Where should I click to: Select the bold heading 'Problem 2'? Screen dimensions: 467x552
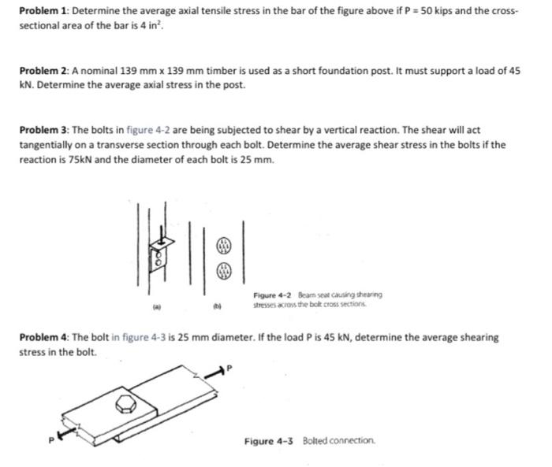pyautogui.click(x=45, y=71)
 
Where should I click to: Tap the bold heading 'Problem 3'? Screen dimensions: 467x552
pyautogui.click(x=45, y=129)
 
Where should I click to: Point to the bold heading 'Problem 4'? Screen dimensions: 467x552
pyautogui.click(x=45, y=337)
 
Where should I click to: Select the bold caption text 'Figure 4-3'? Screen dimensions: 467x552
pyautogui.click(x=266, y=440)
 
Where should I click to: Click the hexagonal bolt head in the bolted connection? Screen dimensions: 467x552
pyautogui.click(x=125, y=406)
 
